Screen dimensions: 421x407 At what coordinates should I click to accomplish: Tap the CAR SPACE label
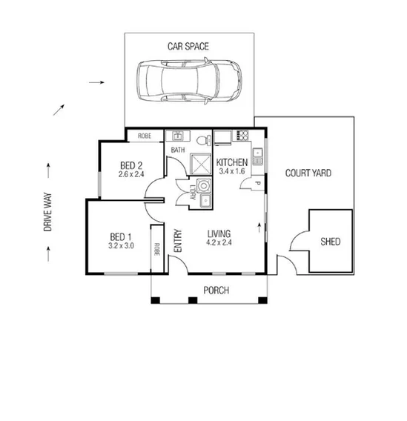point(188,47)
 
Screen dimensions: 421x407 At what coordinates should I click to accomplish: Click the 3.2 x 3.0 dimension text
point(120,246)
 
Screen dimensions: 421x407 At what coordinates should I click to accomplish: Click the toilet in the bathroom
point(204,139)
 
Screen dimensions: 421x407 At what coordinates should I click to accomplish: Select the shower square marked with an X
point(200,163)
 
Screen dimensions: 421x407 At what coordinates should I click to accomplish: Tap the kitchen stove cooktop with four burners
point(241,136)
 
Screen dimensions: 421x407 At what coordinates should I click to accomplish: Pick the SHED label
point(330,242)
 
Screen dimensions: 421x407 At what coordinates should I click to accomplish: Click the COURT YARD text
point(308,174)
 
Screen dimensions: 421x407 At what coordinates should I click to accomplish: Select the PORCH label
point(216,291)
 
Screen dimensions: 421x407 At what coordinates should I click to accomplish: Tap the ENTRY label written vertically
point(178,242)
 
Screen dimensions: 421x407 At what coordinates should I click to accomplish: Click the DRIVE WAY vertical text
point(48,213)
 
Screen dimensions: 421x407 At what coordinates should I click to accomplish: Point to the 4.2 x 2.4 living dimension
point(220,241)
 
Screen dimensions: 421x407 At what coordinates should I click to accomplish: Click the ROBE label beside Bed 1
point(157,250)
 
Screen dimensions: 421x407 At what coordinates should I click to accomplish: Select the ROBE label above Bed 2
point(144,136)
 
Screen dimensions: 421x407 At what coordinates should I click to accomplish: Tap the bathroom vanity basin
point(178,136)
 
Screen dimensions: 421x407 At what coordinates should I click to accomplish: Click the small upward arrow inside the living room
point(259,225)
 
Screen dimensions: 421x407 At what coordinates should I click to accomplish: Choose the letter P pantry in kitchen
point(257,183)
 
